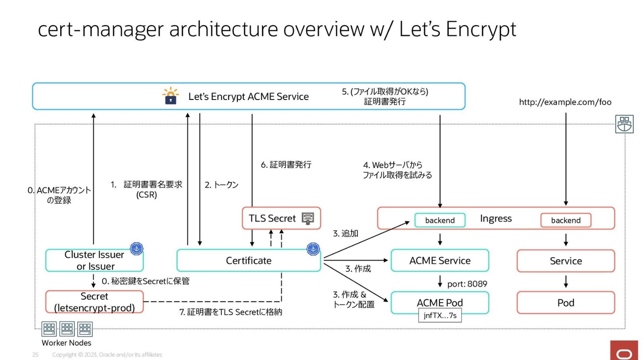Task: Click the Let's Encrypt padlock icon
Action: [x=171, y=96]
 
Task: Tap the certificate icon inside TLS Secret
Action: [x=308, y=218]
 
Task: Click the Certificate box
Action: [x=248, y=260]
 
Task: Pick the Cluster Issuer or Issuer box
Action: [x=94, y=260]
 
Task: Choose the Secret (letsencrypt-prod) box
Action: [x=94, y=302]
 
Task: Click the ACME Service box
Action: [x=440, y=260]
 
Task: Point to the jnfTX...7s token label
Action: [x=440, y=315]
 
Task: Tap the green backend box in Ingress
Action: [x=440, y=220]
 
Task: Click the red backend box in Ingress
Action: [x=565, y=220]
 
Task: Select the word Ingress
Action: [x=496, y=219]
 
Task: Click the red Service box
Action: [x=565, y=261]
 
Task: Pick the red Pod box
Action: [x=565, y=303]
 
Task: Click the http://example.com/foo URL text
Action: [x=565, y=102]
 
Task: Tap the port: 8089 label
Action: [x=467, y=284]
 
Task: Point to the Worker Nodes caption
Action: [x=67, y=343]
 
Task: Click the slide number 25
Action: [x=35, y=354]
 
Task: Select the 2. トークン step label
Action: [x=222, y=185]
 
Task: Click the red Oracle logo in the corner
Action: [x=624, y=352]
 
